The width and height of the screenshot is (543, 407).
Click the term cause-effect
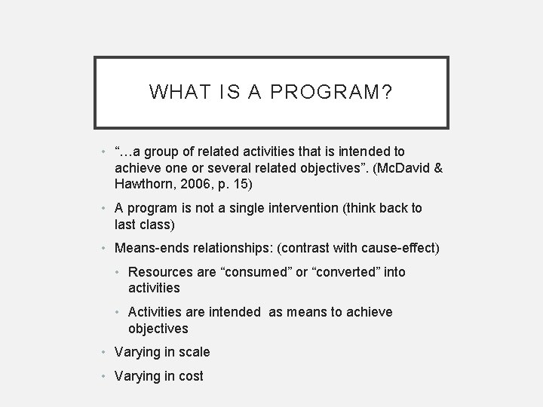(x=402, y=248)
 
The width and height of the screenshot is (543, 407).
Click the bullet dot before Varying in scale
(x=105, y=352)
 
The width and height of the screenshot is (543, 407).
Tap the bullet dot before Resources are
(x=119, y=272)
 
